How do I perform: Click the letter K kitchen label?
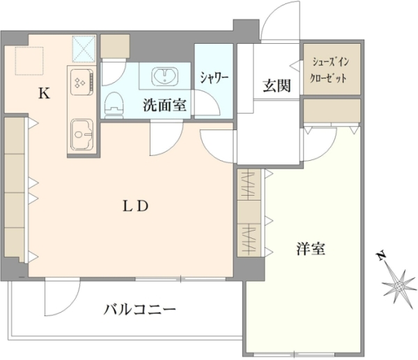45,93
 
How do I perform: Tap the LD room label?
135,206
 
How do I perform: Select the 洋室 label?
311,249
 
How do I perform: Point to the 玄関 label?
277,85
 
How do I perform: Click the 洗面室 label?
164,104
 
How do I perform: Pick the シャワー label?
215,78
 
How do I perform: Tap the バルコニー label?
140,309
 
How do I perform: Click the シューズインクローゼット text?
330,70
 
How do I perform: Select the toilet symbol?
115,106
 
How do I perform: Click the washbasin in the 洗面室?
164,75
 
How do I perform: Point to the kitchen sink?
82,134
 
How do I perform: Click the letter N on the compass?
382,256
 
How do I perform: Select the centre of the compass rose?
399,287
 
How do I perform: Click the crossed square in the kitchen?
84,49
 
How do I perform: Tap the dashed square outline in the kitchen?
29,61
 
